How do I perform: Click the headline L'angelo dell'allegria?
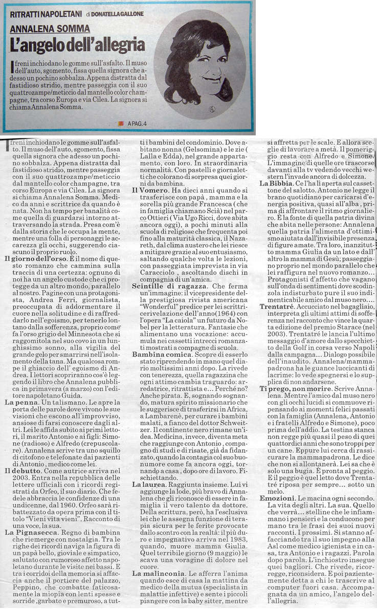[77, 44]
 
